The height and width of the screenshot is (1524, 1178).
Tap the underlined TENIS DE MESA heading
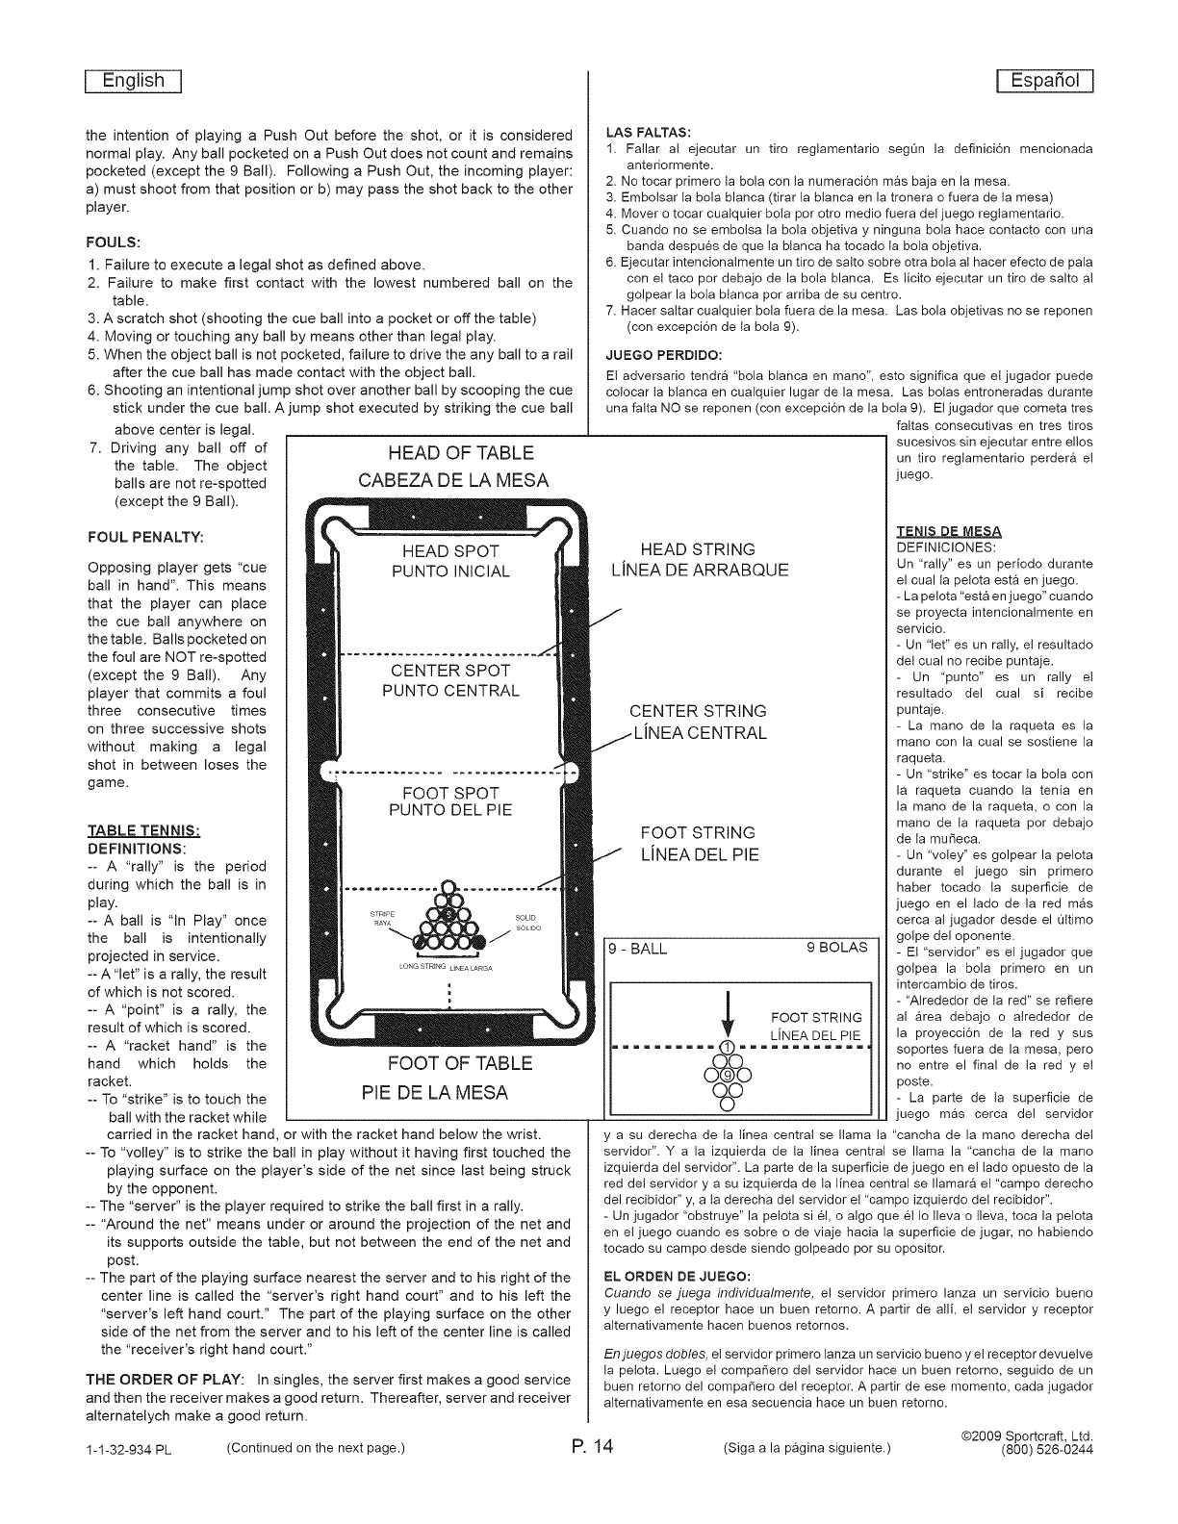[x=949, y=531]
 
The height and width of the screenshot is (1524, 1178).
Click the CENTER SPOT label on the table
[x=450, y=671]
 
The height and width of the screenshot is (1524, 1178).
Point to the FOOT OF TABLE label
[x=459, y=1063]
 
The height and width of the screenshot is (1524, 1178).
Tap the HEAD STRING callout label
[x=698, y=549]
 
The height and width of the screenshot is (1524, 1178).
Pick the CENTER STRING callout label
[x=698, y=711]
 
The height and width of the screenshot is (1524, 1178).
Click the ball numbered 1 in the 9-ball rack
[x=728, y=1047]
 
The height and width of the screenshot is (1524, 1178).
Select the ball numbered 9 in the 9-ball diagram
[x=728, y=1075]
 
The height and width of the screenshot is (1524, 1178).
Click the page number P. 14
[x=589, y=1447]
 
